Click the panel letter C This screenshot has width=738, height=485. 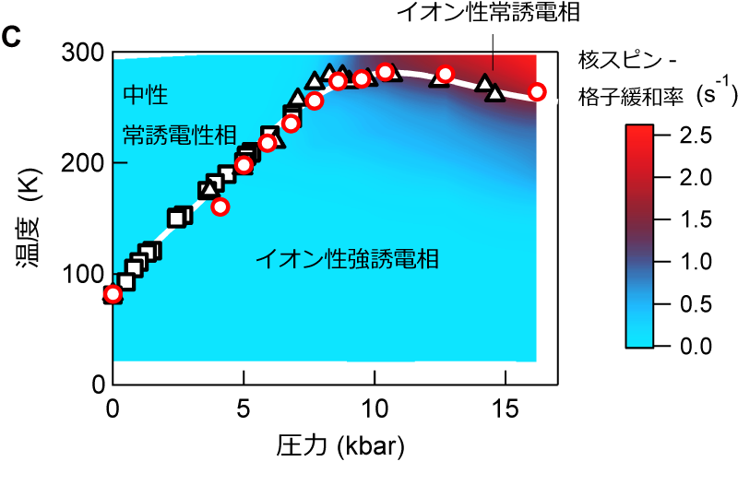[x=14, y=38]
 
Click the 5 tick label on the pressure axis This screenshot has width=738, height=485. [x=243, y=405]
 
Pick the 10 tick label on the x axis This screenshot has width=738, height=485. [x=374, y=405]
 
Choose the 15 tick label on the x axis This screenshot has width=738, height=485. [x=505, y=405]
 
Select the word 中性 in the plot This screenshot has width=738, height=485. [x=145, y=94]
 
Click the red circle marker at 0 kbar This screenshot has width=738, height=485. [x=113, y=294]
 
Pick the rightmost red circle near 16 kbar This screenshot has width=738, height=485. [x=537, y=91]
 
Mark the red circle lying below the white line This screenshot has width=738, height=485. [x=220, y=207]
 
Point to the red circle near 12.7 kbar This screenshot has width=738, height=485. [x=445, y=74]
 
